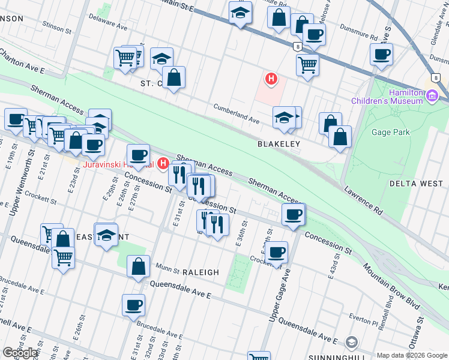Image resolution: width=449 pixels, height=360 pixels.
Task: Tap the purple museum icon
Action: [432, 95]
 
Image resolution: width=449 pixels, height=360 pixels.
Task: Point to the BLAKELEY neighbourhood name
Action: [279, 145]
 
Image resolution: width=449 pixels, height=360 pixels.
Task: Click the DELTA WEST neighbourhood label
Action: [416, 183]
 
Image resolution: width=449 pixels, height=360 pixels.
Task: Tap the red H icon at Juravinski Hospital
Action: [162, 164]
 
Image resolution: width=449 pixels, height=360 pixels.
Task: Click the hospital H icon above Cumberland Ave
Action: [271, 79]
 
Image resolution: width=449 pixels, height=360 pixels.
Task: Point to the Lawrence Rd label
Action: [364, 200]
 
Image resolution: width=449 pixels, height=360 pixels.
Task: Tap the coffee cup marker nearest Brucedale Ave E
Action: [134, 305]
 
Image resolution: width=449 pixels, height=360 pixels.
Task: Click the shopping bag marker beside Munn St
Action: [138, 266]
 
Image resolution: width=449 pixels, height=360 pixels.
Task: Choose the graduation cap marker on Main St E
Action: [241, 13]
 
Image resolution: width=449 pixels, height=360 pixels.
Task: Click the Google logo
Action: [20, 353]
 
